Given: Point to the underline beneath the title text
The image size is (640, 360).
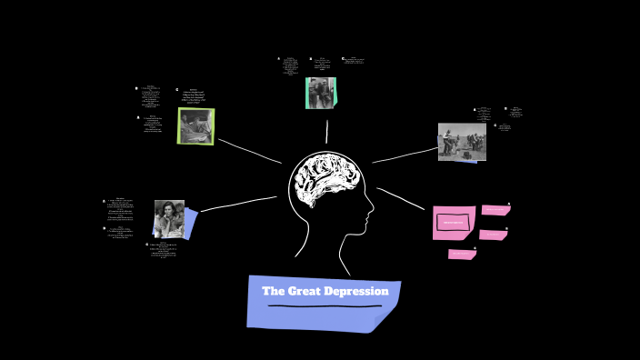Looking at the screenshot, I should click(324, 306).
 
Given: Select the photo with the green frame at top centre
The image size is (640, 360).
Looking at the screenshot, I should click(320, 93).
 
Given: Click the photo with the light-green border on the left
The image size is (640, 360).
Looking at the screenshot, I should click(195, 126).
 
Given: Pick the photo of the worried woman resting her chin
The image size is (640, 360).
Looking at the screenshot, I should click(169, 219).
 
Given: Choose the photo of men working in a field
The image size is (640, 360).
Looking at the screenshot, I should click(461, 142).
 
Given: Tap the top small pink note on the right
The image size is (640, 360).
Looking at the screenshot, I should click(495, 210).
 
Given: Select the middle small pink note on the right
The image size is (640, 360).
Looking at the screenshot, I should click(492, 235).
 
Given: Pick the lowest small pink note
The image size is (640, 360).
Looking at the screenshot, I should click(461, 255).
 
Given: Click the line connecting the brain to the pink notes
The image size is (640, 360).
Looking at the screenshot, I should click(401, 200).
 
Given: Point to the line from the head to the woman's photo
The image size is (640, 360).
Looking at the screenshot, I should click(238, 204).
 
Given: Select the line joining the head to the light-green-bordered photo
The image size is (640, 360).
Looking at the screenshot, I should click(249, 151).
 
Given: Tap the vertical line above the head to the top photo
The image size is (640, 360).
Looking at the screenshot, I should click(326, 132).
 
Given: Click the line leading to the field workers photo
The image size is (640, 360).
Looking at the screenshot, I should click(405, 155).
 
